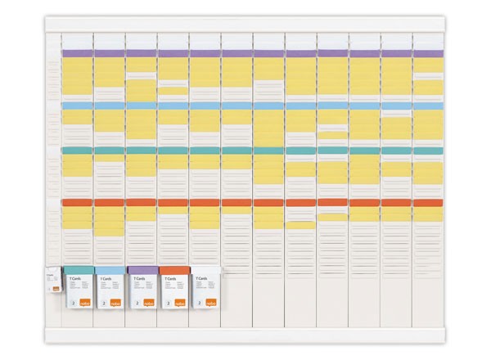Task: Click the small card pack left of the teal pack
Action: point(54,282)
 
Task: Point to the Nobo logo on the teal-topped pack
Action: point(84,304)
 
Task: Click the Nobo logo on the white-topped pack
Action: point(211,304)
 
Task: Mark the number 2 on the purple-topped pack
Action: point(136,303)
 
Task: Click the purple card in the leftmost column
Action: point(78,53)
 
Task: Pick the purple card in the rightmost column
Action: point(427,53)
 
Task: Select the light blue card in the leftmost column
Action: point(78,106)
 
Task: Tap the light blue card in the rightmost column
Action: point(427,106)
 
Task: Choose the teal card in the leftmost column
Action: point(78,151)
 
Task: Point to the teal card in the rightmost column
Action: point(427,151)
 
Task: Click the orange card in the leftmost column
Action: point(78,202)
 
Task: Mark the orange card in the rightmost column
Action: point(427,202)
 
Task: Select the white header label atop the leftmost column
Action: point(78,39)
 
